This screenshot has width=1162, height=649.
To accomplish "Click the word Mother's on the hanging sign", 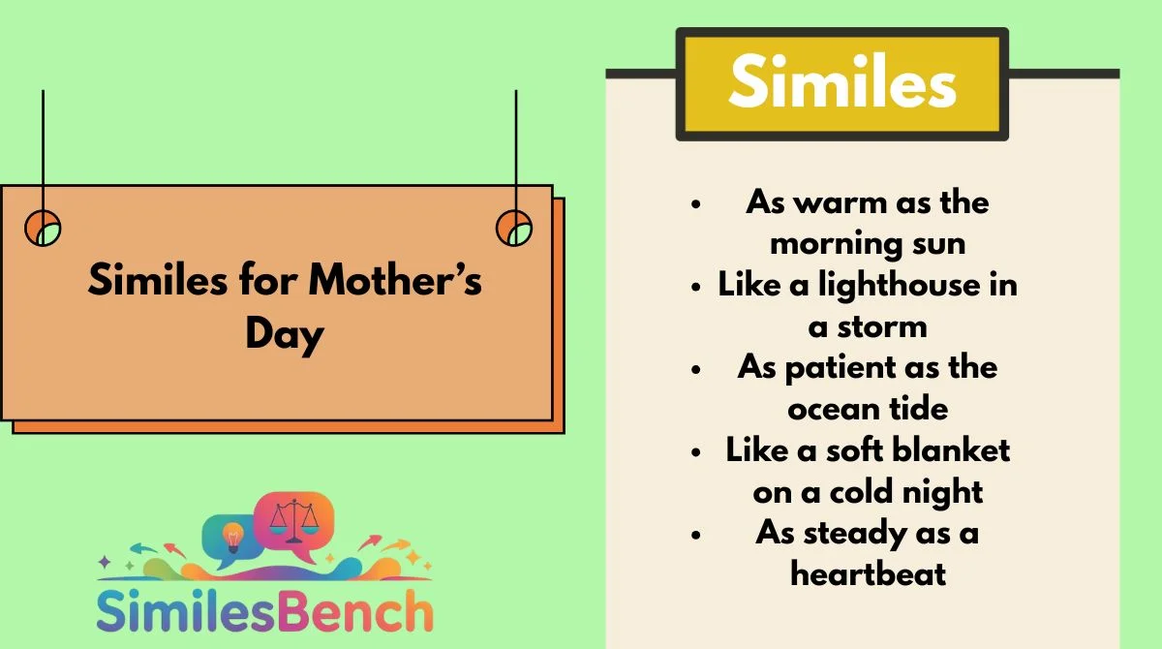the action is [x=395, y=280].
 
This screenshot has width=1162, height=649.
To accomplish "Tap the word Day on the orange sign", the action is [x=285, y=335].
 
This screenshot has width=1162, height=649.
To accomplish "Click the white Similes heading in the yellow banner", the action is [x=842, y=81].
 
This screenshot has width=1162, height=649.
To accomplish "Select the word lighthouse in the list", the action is [x=899, y=286].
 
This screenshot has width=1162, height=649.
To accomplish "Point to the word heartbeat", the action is [x=868, y=573].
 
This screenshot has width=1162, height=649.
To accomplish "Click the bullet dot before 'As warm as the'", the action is [x=696, y=203].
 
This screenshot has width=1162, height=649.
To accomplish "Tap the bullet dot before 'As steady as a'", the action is [x=696, y=535].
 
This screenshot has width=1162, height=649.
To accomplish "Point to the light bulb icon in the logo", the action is [x=232, y=538].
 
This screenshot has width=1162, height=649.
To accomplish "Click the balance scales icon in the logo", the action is [x=293, y=521].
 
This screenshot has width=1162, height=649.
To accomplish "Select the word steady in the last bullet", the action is [x=855, y=534].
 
